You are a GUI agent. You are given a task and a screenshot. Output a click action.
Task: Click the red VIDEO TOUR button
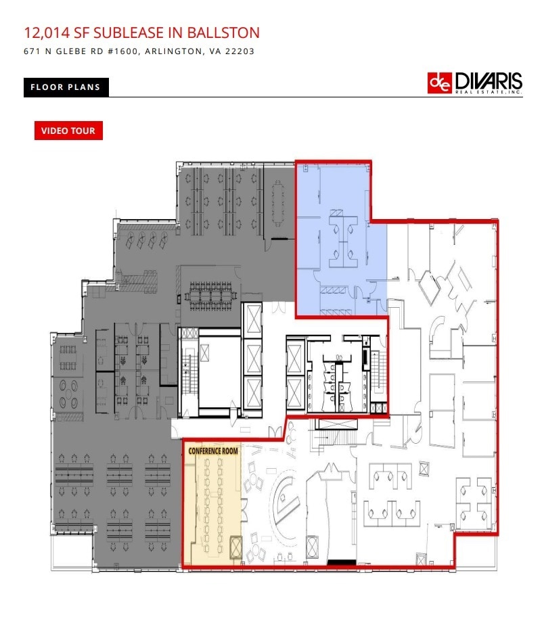click(x=68, y=131)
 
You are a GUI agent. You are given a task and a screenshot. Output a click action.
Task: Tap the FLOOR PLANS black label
click(x=65, y=87)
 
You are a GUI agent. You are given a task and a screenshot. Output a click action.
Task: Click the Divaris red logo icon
click(x=440, y=83)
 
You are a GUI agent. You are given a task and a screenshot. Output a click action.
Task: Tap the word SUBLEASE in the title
click(x=135, y=32)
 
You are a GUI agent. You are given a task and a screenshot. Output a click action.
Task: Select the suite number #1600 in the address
click(x=119, y=51)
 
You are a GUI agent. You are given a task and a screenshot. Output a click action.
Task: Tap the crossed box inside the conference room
click(x=236, y=547)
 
